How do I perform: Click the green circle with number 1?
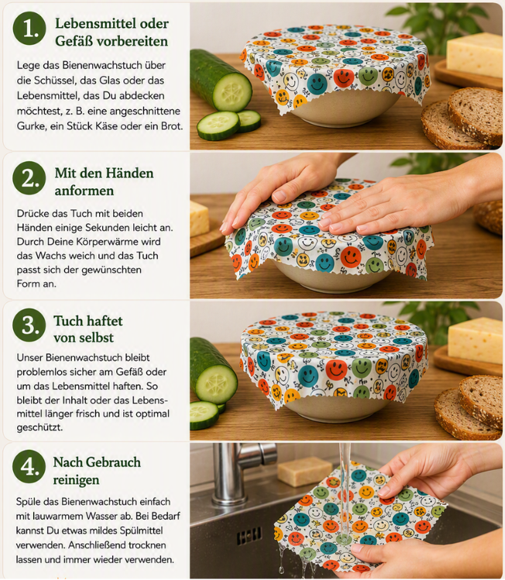[x=29, y=29]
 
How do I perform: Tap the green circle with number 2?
[x=29, y=178]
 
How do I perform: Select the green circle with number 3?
[x=29, y=325]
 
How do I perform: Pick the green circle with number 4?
[x=29, y=467]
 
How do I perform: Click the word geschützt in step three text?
[x=40, y=428]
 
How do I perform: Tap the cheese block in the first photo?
[x=474, y=54]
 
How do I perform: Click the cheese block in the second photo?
[x=200, y=218]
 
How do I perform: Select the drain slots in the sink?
[x=249, y=536]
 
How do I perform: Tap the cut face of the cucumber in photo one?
[x=232, y=91]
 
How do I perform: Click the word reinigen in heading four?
[x=76, y=480]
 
